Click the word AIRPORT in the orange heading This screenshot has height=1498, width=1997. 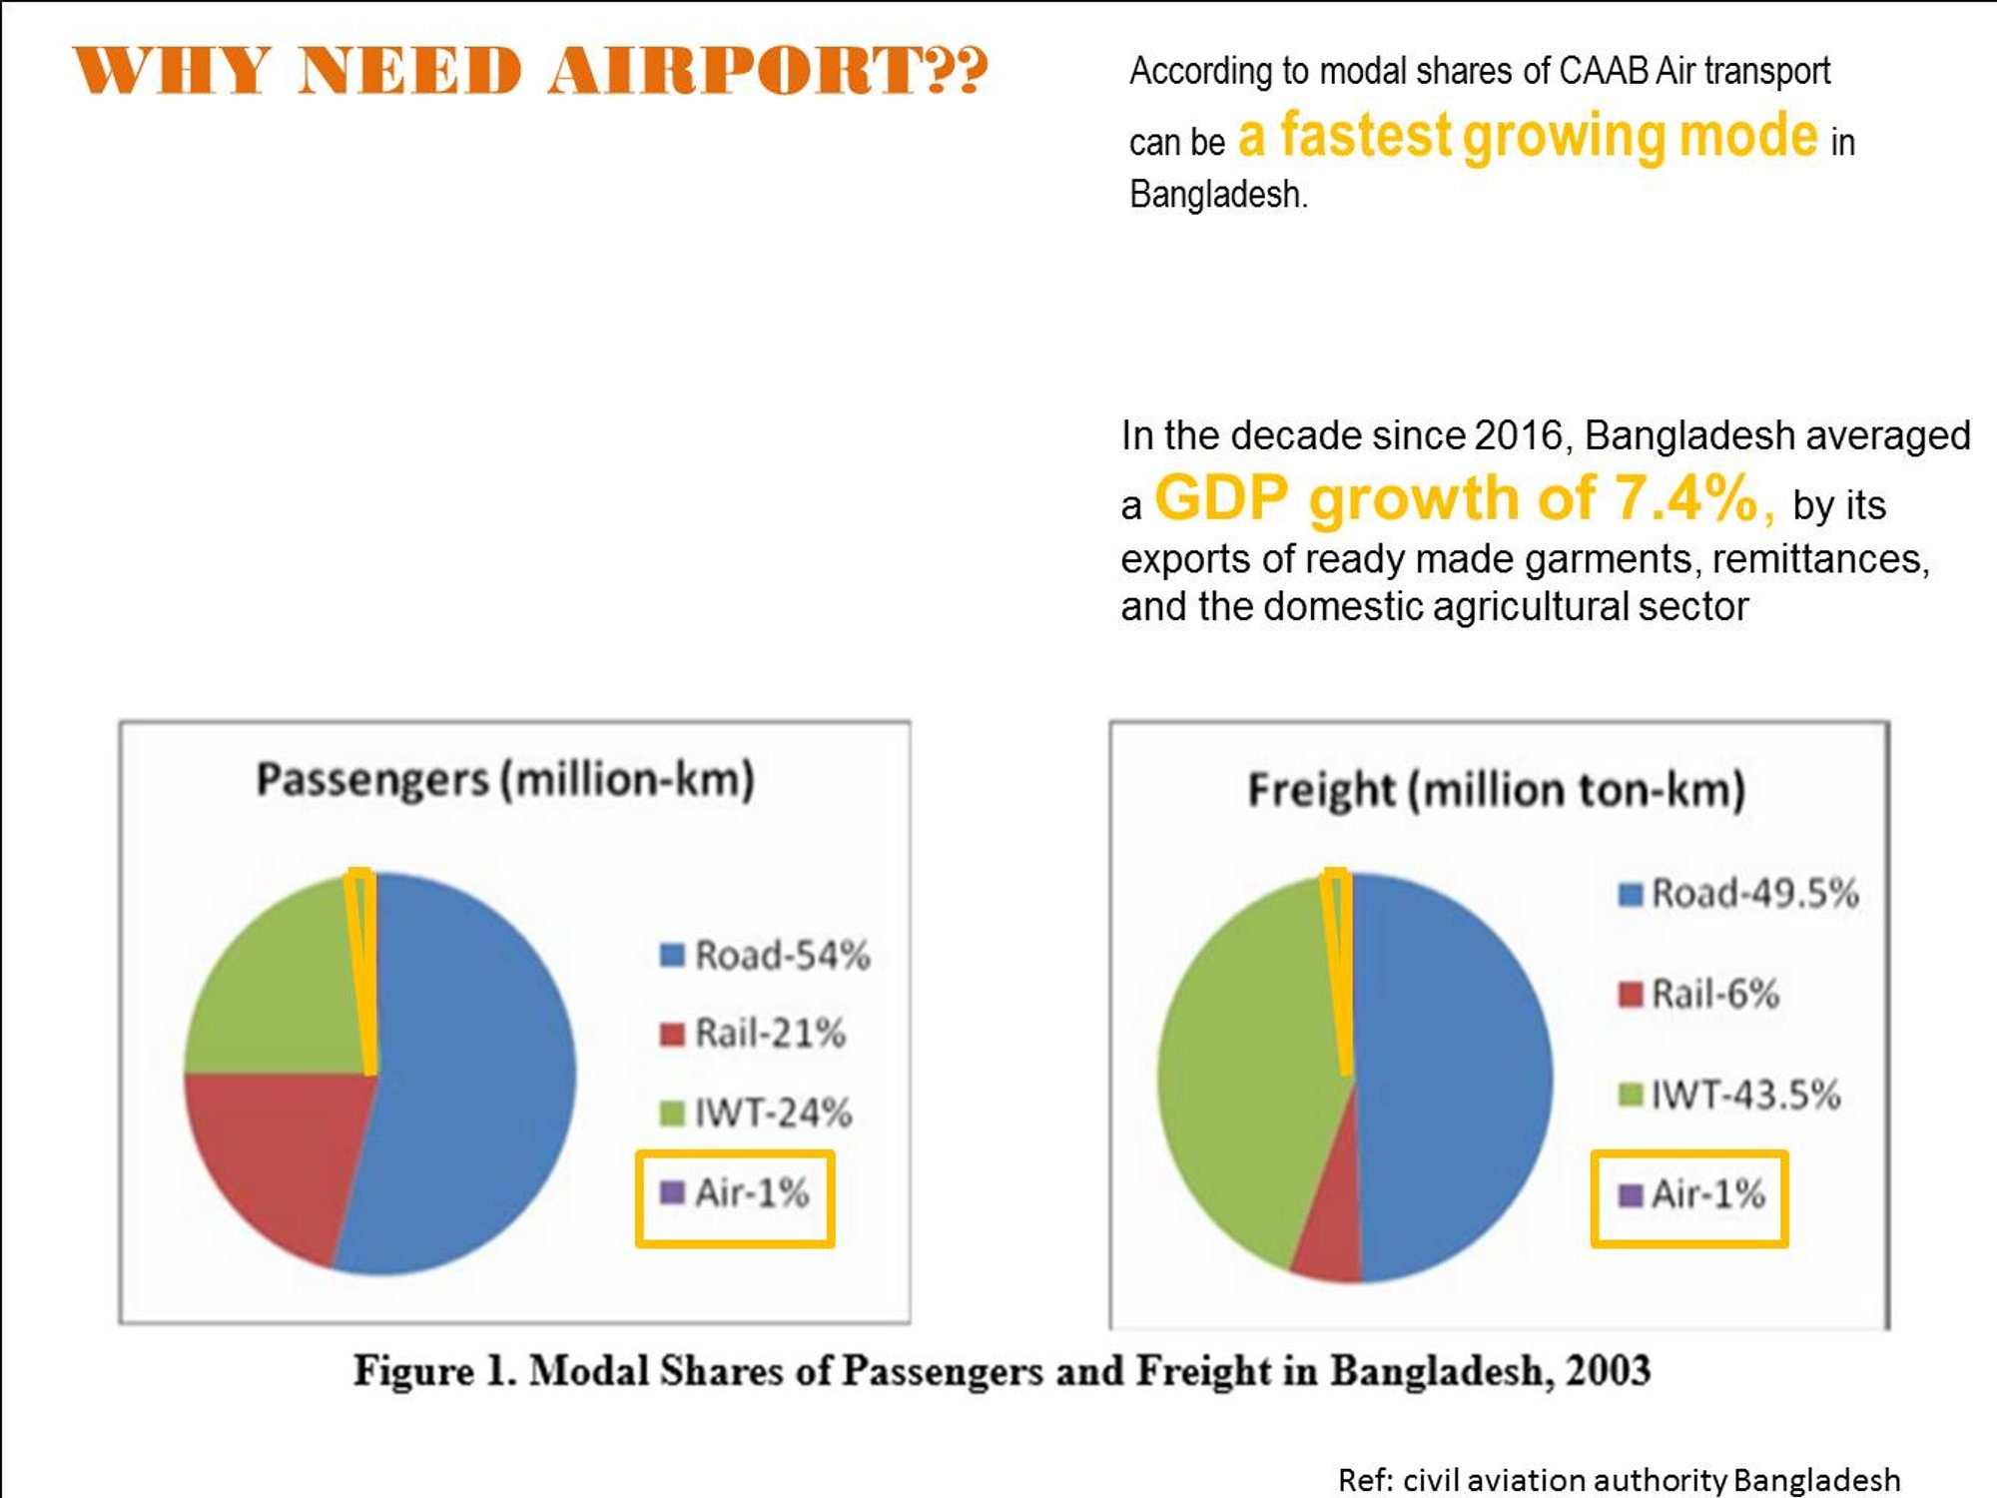click(x=767, y=71)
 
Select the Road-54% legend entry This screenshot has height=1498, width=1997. click(x=765, y=956)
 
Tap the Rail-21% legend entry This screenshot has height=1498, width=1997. click(x=753, y=1034)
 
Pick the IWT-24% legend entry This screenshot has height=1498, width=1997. click(x=756, y=1113)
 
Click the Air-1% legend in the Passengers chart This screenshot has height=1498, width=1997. click(x=735, y=1192)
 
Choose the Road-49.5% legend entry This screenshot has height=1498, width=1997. click(x=1738, y=893)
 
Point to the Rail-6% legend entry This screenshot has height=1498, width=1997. click(x=1698, y=994)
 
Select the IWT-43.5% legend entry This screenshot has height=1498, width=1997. click(x=1729, y=1095)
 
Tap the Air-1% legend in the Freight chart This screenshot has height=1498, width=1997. click(x=1691, y=1194)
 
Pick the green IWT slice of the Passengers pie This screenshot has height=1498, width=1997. click(x=280, y=989)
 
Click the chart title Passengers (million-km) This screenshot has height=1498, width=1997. click(x=505, y=780)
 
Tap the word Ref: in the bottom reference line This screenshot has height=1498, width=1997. click(x=1365, y=1479)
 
